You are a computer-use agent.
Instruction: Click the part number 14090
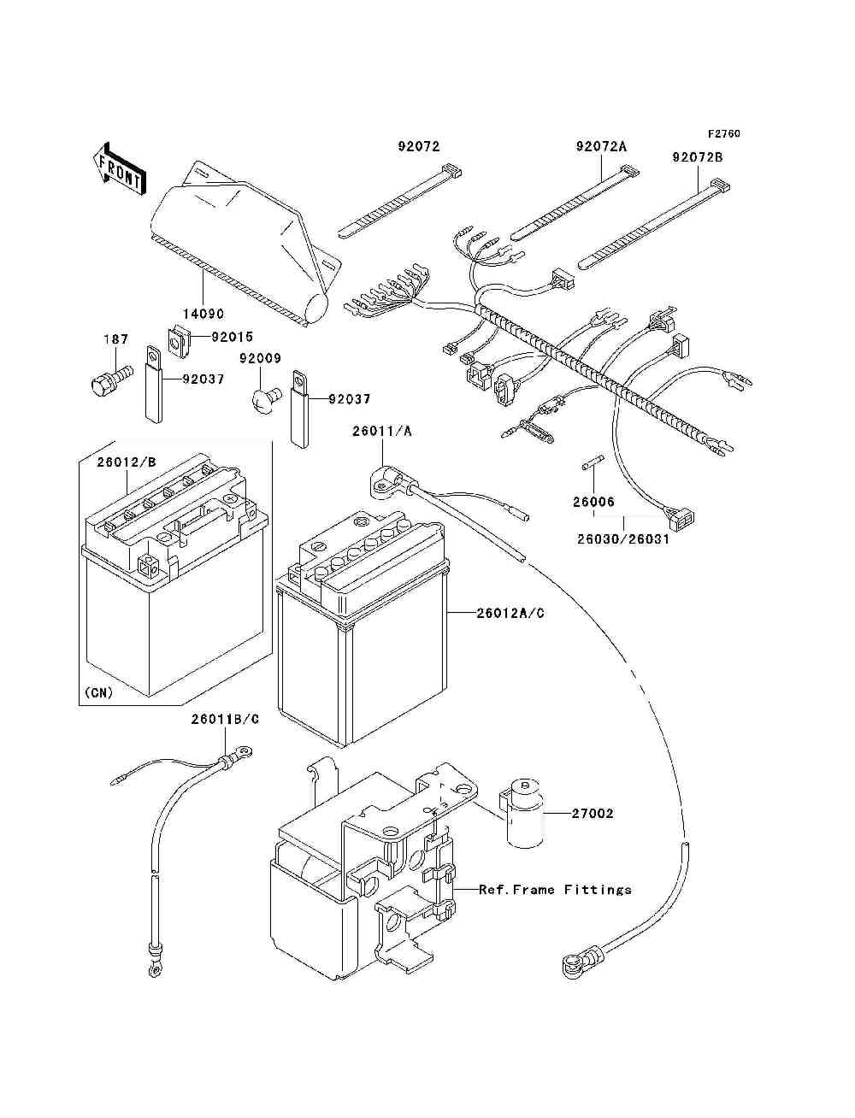(203, 314)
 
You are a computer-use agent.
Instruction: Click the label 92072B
(697, 157)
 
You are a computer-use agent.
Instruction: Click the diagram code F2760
(723, 134)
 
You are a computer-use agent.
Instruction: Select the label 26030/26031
(622, 539)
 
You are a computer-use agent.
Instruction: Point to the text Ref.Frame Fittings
(555, 890)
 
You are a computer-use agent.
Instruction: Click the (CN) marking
(99, 692)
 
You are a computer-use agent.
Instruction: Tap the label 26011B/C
(225, 719)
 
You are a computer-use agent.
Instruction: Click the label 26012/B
(127, 462)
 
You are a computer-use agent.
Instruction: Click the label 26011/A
(381, 432)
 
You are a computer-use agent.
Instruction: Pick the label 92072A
(601, 147)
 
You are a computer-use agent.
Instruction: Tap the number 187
(116, 339)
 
